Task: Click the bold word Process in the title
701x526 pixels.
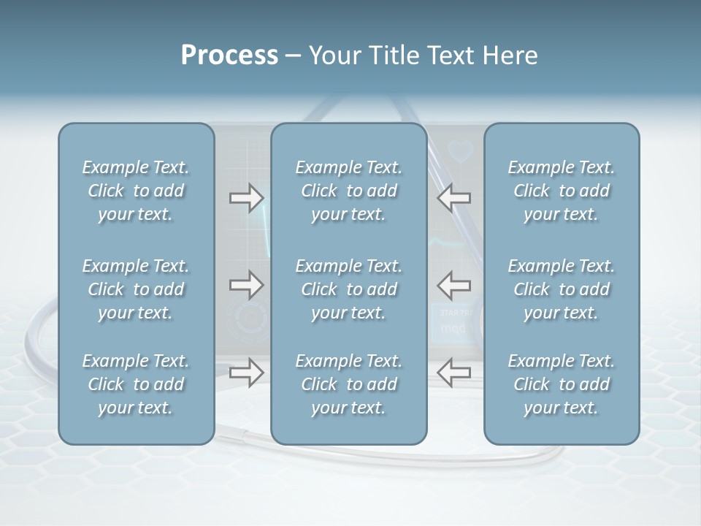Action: pos(229,56)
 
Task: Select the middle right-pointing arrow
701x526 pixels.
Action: pos(246,285)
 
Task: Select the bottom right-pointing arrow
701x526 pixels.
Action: pos(246,373)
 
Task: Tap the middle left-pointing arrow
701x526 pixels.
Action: pos(454,285)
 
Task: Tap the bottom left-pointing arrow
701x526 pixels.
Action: pos(454,373)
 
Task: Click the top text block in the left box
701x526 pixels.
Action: pos(136,191)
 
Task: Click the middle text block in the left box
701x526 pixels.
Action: pos(136,289)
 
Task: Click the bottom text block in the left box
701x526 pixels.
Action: pos(136,384)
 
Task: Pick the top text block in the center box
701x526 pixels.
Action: pos(349,191)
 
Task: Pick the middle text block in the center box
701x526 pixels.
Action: pos(349,289)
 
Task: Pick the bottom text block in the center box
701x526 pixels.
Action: pos(349,384)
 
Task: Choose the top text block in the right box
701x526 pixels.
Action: pos(562,191)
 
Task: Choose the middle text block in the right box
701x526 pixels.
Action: pos(562,289)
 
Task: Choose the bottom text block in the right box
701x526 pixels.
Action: pos(562,384)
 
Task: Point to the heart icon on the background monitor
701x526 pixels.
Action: pos(461,151)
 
